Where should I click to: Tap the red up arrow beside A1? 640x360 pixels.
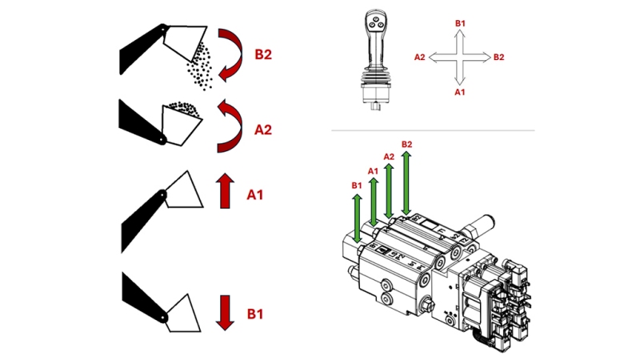(225, 192)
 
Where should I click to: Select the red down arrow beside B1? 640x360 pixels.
(225, 313)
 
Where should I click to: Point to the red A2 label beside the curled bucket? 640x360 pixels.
(265, 128)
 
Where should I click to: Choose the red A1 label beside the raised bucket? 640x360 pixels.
(256, 194)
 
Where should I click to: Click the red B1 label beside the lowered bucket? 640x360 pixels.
(256, 314)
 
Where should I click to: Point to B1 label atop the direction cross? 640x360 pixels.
(460, 24)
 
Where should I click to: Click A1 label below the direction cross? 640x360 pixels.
(460, 92)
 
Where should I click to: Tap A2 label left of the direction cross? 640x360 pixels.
(419, 58)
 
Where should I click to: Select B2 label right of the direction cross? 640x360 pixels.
(499, 58)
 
